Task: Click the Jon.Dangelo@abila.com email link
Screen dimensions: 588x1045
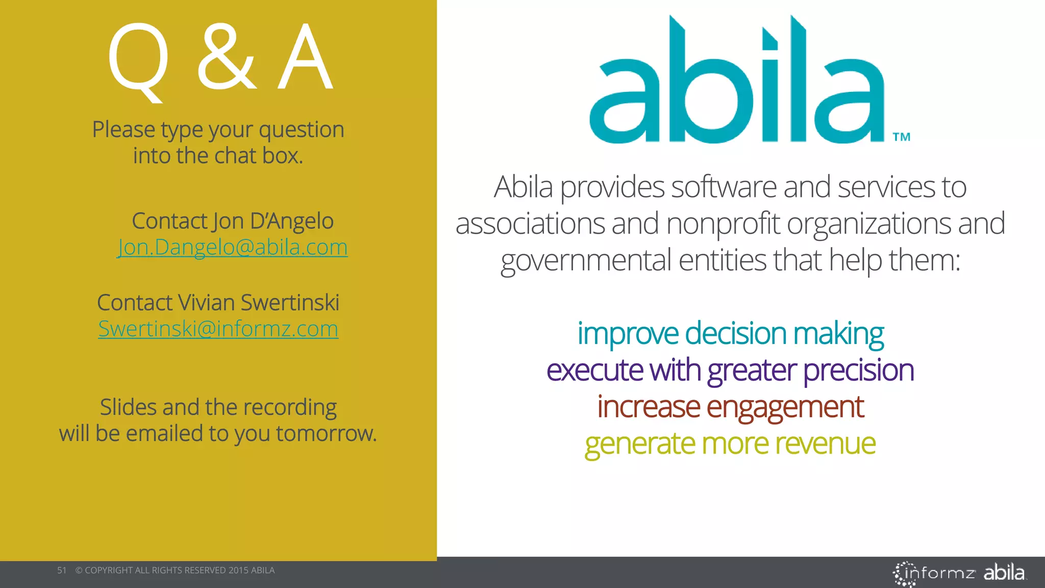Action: pyautogui.click(x=232, y=248)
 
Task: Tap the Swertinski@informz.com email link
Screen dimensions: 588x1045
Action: pyautogui.click(x=218, y=329)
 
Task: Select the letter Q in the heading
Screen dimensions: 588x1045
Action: pyautogui.click(x=138, y=60)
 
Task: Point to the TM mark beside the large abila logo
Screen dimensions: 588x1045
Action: pyautogui.click(x=902, y=137)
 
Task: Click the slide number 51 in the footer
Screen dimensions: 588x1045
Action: pyautogui.click(x=62, y=570)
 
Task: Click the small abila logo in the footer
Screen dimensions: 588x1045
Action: pyautogui.click(x=1004, y=573)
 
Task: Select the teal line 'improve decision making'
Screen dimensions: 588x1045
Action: pyautogui.click(x=730, y=334)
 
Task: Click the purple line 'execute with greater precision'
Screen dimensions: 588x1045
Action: pyautogui.click(x=730, y=370)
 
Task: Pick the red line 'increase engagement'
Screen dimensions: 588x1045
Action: pyautogui.click(x=730, y=407)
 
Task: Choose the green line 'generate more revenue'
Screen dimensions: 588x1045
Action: pyautogui.click(x=730, y=444)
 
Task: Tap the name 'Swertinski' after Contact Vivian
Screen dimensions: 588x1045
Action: pyautogui.click(x=289, y=303)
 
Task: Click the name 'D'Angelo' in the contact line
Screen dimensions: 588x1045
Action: pyautogui.click(x=291, y=221)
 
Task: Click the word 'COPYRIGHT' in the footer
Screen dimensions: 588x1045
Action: pyautogui.click(x=109, y=570)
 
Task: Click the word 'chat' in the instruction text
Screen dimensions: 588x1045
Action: pyautogui.click(x=235, y=156)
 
